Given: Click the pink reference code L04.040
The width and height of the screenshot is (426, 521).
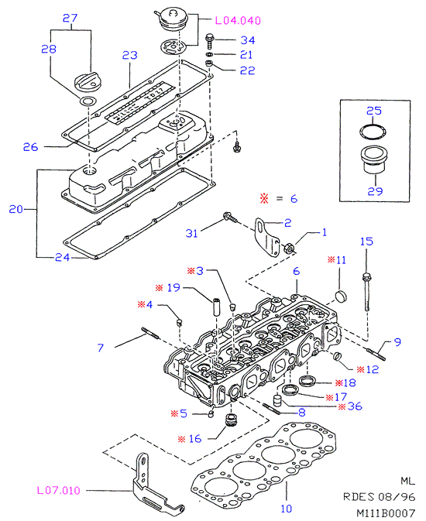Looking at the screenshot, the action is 238,21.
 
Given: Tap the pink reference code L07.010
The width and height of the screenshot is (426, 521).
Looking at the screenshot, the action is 59,491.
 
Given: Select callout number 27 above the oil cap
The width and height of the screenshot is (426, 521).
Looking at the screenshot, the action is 70,18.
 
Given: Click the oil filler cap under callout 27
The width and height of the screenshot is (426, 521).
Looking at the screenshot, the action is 84,82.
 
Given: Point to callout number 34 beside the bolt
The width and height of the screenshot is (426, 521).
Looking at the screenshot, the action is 248,40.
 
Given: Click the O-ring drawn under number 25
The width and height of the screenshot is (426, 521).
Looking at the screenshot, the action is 373,132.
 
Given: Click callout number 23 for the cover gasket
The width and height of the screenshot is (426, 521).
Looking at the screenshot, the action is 129,55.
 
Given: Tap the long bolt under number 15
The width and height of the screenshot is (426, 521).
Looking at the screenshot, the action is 366,292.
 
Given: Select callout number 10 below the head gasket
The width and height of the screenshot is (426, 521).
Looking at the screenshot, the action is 286,509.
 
